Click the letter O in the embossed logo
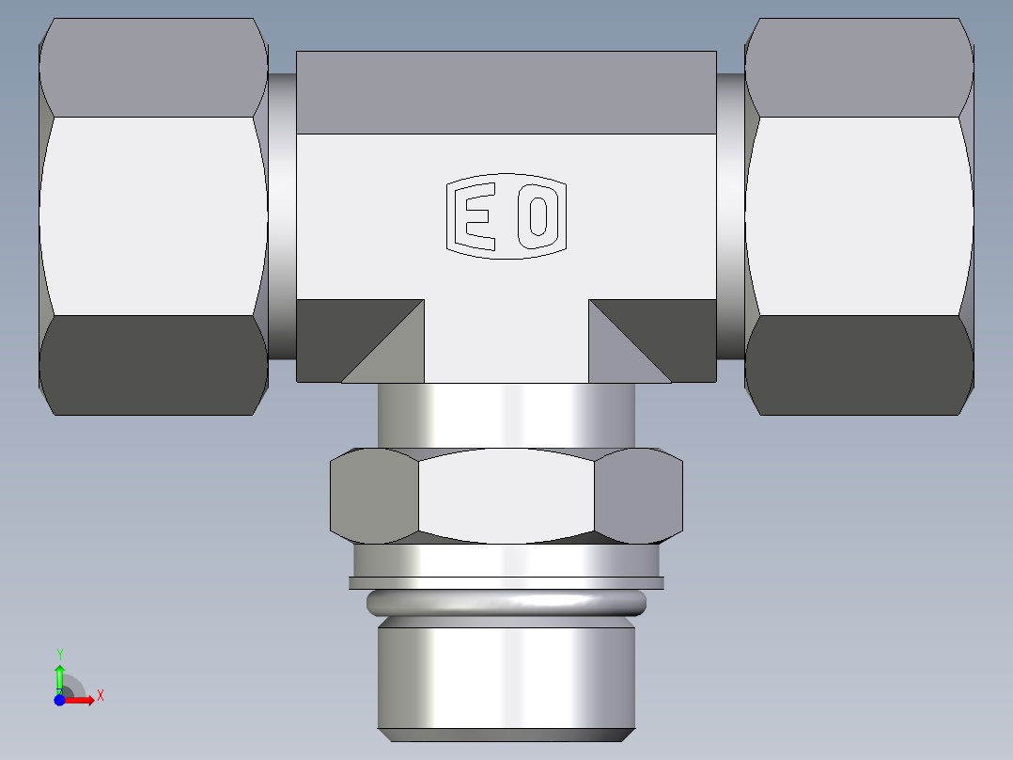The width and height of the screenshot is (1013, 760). point(538,215)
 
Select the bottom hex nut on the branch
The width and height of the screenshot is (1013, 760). point(506,495)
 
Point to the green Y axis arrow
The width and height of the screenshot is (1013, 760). point(60,673)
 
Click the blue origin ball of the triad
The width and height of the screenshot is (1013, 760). point(59,700)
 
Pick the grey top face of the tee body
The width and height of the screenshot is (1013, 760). point(506,92)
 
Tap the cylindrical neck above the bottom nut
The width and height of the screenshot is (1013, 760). point(506,414)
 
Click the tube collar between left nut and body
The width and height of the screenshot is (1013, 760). point(283,215)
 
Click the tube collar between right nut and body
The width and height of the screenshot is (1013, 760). point(731,215)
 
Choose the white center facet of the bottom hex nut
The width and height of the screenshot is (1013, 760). point(506,495)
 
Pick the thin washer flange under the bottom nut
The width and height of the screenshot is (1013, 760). point(506,582)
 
